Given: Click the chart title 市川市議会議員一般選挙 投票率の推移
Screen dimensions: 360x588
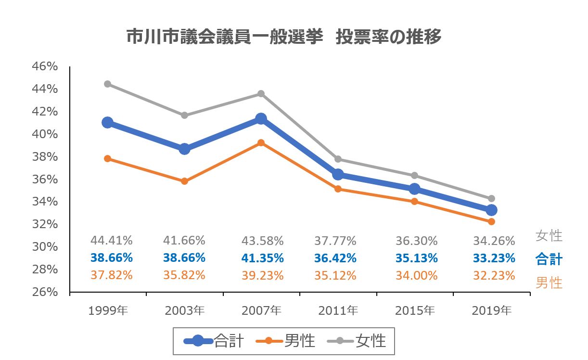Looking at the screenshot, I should click(x=284, y=37).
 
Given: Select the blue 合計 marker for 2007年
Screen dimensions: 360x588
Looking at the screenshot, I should click(x=261, y=119).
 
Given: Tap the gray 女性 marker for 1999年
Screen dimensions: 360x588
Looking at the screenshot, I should click(x=108, y=84).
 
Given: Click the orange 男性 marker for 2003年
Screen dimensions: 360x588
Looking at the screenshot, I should click(x=184, y=181).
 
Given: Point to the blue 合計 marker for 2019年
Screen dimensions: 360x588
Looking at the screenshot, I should click(x=491, y=210).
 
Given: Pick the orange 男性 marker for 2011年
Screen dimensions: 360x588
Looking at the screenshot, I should click(x=338, y=189).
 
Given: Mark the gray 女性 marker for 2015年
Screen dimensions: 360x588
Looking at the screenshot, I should click(x=414, y=175).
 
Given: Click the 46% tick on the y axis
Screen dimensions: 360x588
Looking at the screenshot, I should click(x=45, y=67).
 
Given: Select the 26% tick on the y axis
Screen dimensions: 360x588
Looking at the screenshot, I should click(x=45, y=292).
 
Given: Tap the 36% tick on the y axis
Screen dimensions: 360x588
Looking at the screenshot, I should click(x=45, y=180).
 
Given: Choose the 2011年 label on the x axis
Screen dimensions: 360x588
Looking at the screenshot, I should click(x=338, y=311).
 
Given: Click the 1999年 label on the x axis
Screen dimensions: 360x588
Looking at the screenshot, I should click(x=108, y=311).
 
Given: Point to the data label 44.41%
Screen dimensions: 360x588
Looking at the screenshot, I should click(x=111, y=240).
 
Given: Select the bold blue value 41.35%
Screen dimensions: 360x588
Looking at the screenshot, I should click(x=263, y=258).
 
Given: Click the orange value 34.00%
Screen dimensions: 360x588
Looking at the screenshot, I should click(x=417, y=276).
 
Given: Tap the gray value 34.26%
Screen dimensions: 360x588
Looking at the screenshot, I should click(x=494, y=240).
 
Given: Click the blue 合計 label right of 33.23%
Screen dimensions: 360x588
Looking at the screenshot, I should click(x=549, y=259).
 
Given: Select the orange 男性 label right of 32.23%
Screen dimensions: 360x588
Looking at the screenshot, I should click(x=549, y=283).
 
